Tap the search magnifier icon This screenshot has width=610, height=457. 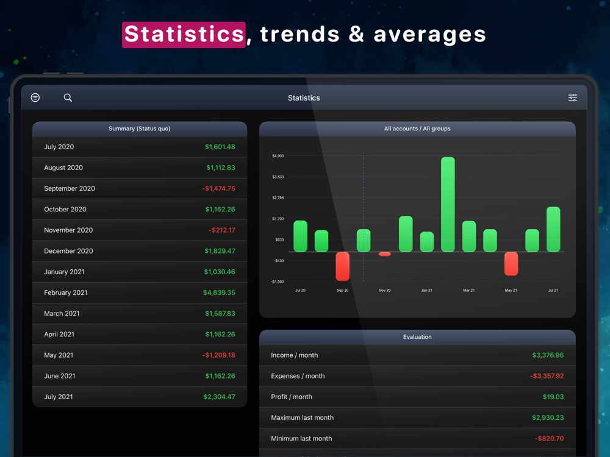click(68, 97)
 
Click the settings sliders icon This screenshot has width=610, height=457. click(573, 97)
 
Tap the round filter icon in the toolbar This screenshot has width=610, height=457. click(35, 97)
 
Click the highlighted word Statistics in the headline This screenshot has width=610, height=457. click(184, 35)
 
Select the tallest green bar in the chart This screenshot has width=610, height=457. click(448, 204)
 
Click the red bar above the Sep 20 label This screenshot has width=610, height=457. click(343, 266)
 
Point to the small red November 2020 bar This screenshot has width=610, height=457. click(384, 254)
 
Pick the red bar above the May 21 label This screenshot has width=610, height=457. click(511, 264)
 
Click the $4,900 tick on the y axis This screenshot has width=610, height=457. click(278, 156)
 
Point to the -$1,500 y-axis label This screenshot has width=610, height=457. click(278, 282)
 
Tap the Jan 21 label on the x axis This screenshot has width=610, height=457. click(426, 291)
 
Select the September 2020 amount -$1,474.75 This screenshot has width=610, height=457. click(218, 189)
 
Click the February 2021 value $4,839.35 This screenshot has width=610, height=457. click(219, 293)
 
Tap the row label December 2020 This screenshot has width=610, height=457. click(68, 251)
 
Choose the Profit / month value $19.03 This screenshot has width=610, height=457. click(553, 397)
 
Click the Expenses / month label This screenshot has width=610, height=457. click(298, 377)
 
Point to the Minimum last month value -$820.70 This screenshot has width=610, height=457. click(549, 439)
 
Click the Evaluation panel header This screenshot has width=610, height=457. click(417, 337)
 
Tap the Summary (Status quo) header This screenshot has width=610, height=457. click(139, 129)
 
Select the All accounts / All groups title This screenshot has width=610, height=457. click(417, 129)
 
